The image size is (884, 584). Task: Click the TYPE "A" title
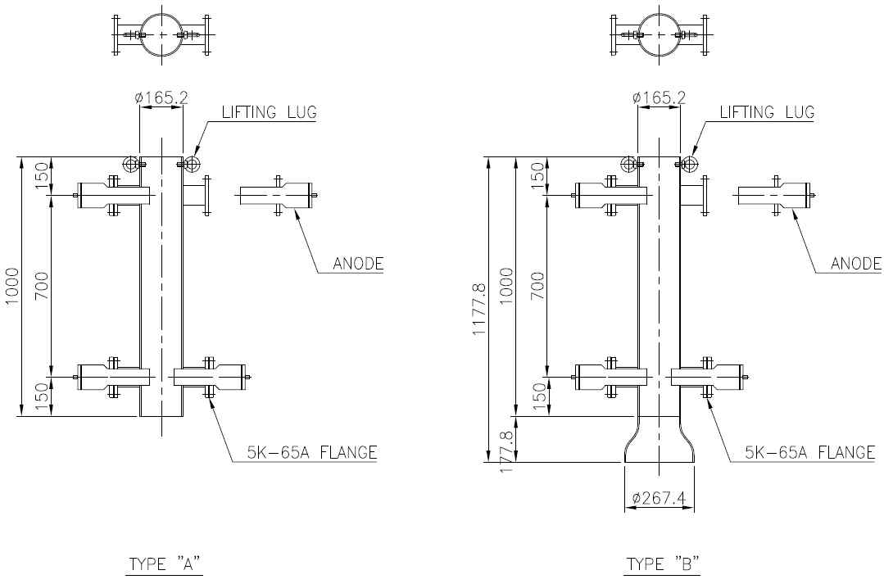[165, 564]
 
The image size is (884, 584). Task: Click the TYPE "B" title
[663, 564]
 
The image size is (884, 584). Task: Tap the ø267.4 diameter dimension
[659, 498]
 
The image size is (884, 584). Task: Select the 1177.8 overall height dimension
[478, 309]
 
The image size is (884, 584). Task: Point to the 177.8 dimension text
[507, 451]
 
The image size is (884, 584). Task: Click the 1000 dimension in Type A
[12, 286]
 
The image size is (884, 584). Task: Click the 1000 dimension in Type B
[507, 286]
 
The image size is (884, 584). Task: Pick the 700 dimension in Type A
[43, 286]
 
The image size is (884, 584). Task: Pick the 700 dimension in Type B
[537, 286]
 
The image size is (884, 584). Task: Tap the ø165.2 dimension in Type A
[161, 97]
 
